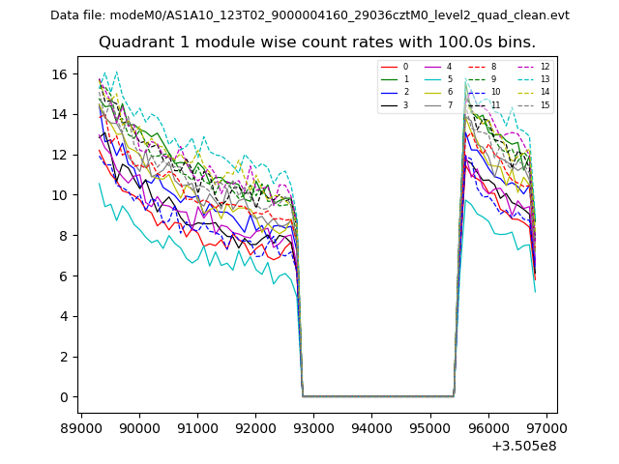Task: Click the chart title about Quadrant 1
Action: [x=316, y=43]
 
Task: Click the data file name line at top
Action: [x=309, y=15]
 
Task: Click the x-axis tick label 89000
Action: [x=81, y=426]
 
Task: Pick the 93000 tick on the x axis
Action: [x=313, y=426]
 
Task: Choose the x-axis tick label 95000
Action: [x=429, y=426]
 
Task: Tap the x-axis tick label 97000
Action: [x=545, y=426]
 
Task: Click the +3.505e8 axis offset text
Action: [x=523, y=446]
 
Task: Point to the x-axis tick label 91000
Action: [x=197, y=426]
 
